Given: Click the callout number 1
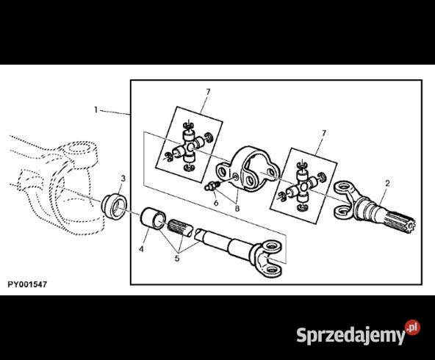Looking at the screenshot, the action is tap(96, 110).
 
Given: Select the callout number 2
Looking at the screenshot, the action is tap(387, 183).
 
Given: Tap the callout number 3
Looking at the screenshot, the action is tap(123, 179).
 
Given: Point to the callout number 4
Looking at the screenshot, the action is tap(141, 249).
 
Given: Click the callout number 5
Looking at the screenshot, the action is tap(177, 259).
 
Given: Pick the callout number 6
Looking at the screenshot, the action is tap(216, 203).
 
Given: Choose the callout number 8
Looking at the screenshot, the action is tap(237, 209).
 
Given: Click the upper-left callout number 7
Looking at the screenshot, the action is tap(209, 92).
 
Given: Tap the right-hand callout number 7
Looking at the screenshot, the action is tap(323, 134).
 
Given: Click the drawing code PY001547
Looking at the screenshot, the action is tap(27, 284).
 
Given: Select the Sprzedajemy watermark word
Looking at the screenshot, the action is tap(350, 335).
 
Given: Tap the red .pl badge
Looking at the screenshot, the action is tap(412, 328).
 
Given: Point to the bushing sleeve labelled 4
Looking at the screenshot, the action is tap(153, 218).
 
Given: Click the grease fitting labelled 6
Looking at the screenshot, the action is tap(212, 186).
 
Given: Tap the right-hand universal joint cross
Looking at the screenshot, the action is tap(302, 189).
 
